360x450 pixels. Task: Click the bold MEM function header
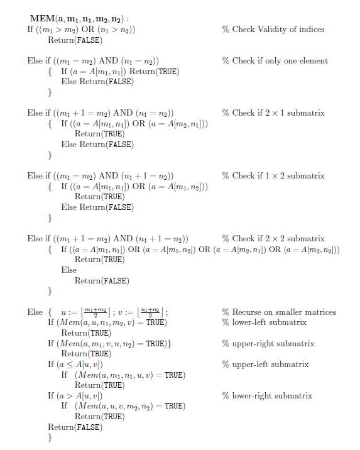click(x=84, y=19)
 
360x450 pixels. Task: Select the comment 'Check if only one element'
click(x=275, y=61)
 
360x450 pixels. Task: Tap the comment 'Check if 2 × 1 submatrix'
click(x=273, y=113)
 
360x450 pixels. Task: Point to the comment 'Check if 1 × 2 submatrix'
click(x=273, y=176)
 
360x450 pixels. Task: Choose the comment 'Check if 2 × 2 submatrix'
click(x=273, y=239)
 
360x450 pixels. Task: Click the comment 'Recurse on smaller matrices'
click(x=279, y=312)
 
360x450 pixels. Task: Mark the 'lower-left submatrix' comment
click(x=264, y=322)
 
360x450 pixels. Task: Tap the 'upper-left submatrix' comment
click(x=265, y=365)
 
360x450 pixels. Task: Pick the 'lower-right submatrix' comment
click(x=267, y=396)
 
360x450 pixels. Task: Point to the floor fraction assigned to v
click(x=151, y=312)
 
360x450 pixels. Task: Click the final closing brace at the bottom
click(x=50, y=438)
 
